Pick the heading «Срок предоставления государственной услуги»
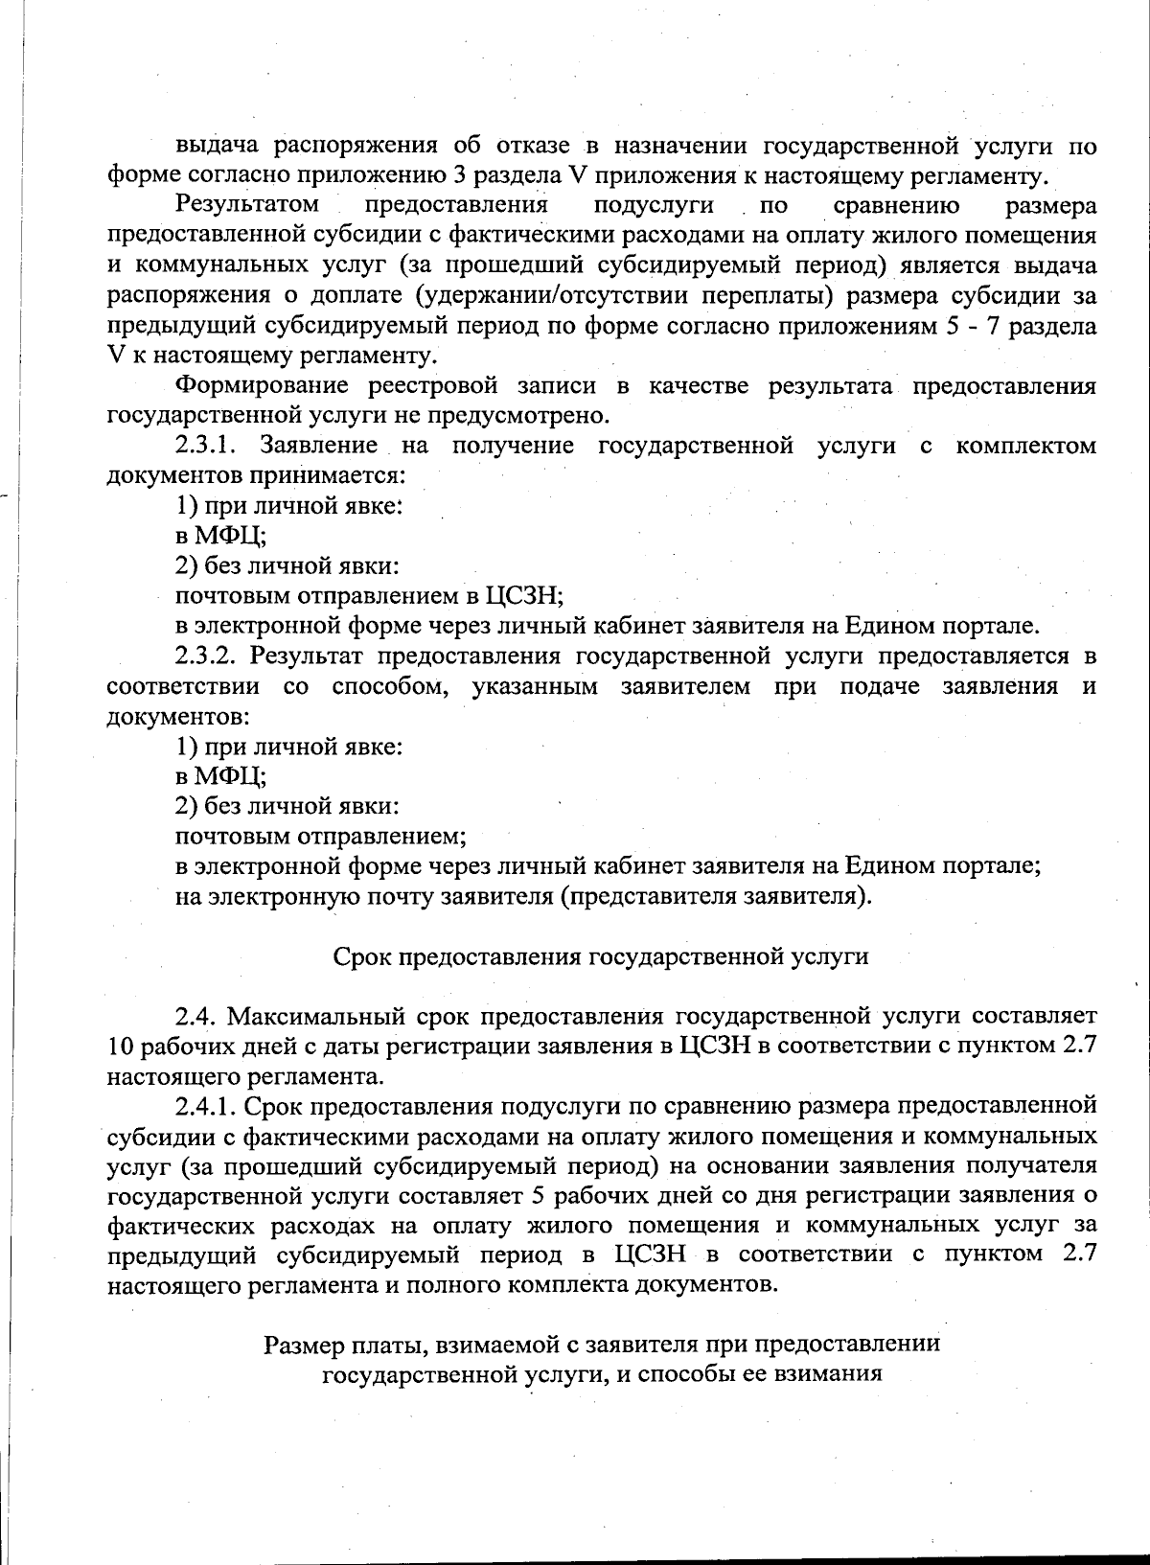601,956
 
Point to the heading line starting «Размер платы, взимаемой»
601,1344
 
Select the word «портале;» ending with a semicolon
994,866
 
